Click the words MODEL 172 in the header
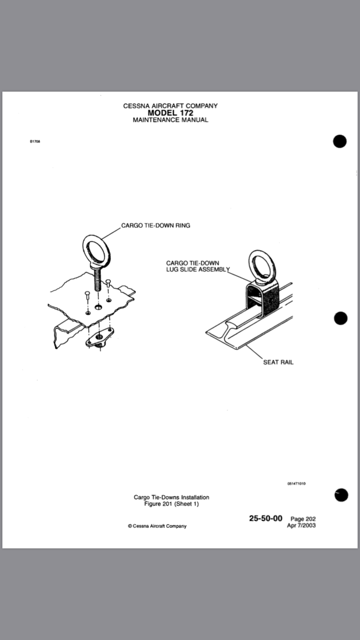tap(170, 113)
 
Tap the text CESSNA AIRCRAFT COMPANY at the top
tap(170, 106)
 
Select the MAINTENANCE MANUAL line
tap(170, 120)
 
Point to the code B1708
tap(35, 142)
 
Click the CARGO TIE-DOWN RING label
tap(156, 225)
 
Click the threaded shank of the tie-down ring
tap(98, 281)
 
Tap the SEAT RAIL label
tap(278, 362)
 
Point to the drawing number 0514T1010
tap(296, 484)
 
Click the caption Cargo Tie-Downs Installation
tap(171, 497)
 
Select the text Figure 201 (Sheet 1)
tap(171, 504)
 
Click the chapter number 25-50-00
tap(265, 518)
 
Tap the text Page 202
tap(303, 519)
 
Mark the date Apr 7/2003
tap(301, 525)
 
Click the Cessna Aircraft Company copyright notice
tap(157, 526)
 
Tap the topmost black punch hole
tap(339, 142)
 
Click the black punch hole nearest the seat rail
tap(340, 318)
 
